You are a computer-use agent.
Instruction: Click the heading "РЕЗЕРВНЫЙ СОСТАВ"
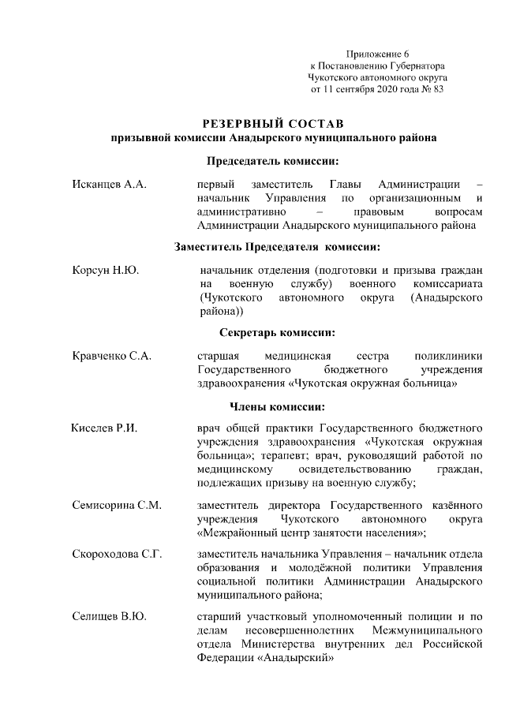(273, 124)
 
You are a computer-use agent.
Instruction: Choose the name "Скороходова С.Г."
(117, 555)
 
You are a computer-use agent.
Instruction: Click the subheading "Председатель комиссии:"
(273, 162)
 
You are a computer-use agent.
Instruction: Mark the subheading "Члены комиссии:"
(273, 406)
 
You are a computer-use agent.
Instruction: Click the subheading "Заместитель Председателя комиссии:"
(273, 247)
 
